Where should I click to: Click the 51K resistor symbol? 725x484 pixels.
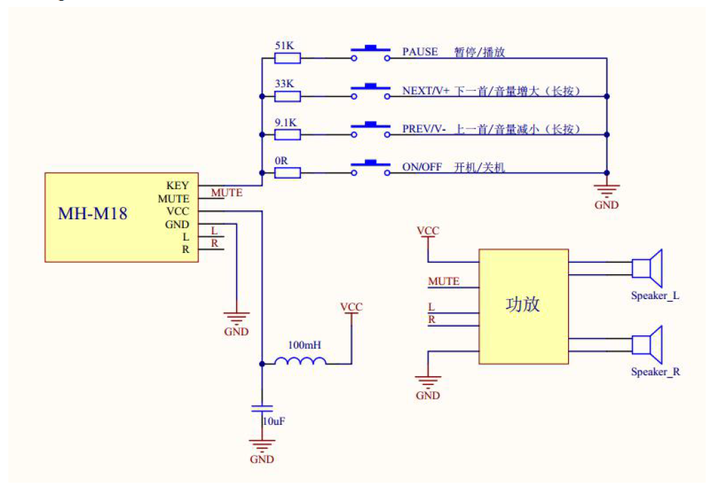click(287, 58)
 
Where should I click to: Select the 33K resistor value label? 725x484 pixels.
click(284, 83)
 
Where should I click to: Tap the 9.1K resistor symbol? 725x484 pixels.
click(287, 134)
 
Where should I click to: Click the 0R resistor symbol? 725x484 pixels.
click(287, 173)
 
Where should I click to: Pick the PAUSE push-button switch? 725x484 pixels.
click(370, 53)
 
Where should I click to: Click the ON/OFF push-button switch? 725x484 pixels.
click(370, 168)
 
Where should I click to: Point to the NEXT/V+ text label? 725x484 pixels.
click(425, 90)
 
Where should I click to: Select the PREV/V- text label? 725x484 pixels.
click(424, 129)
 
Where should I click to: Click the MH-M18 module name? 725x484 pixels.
click(92, 212)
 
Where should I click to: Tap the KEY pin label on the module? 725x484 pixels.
click(177, 186)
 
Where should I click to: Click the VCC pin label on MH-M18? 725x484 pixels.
click(178, 211)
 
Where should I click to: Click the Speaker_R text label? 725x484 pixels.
click(655, 372)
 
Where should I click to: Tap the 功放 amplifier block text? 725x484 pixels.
click(523, 305)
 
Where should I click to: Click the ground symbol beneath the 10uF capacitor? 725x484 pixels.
click(262, 445)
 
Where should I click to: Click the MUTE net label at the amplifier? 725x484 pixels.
click(443, 281)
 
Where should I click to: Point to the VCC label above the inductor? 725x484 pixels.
click(351, 307)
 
